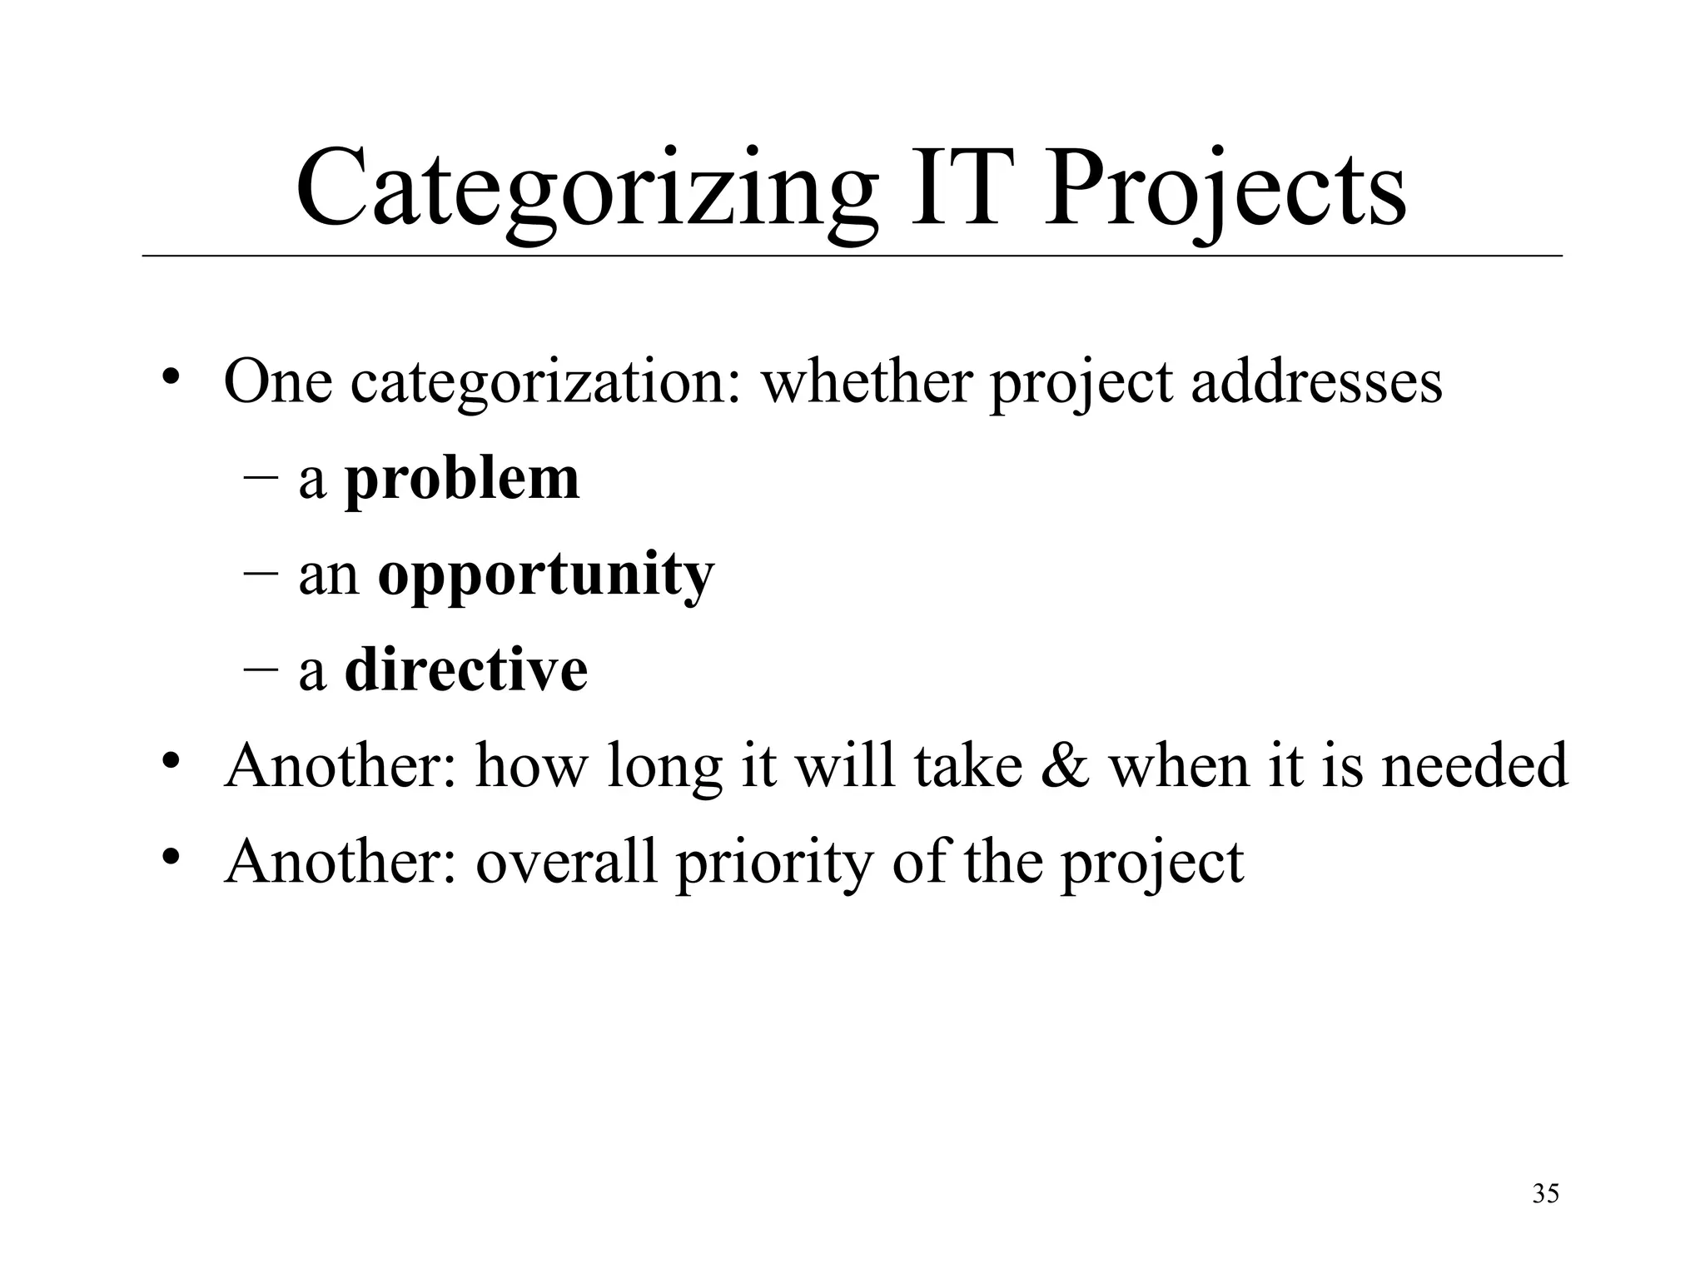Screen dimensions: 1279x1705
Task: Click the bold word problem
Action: [462, 480]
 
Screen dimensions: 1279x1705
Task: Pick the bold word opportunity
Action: [546, 576]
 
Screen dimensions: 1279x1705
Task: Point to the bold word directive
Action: [466, 670]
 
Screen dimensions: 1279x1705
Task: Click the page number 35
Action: [1545, 1194]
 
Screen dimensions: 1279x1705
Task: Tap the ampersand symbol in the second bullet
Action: [1064, 766]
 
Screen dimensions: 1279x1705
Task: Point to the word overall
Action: [566, 861]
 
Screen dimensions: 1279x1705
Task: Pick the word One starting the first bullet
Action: [278, 382]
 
